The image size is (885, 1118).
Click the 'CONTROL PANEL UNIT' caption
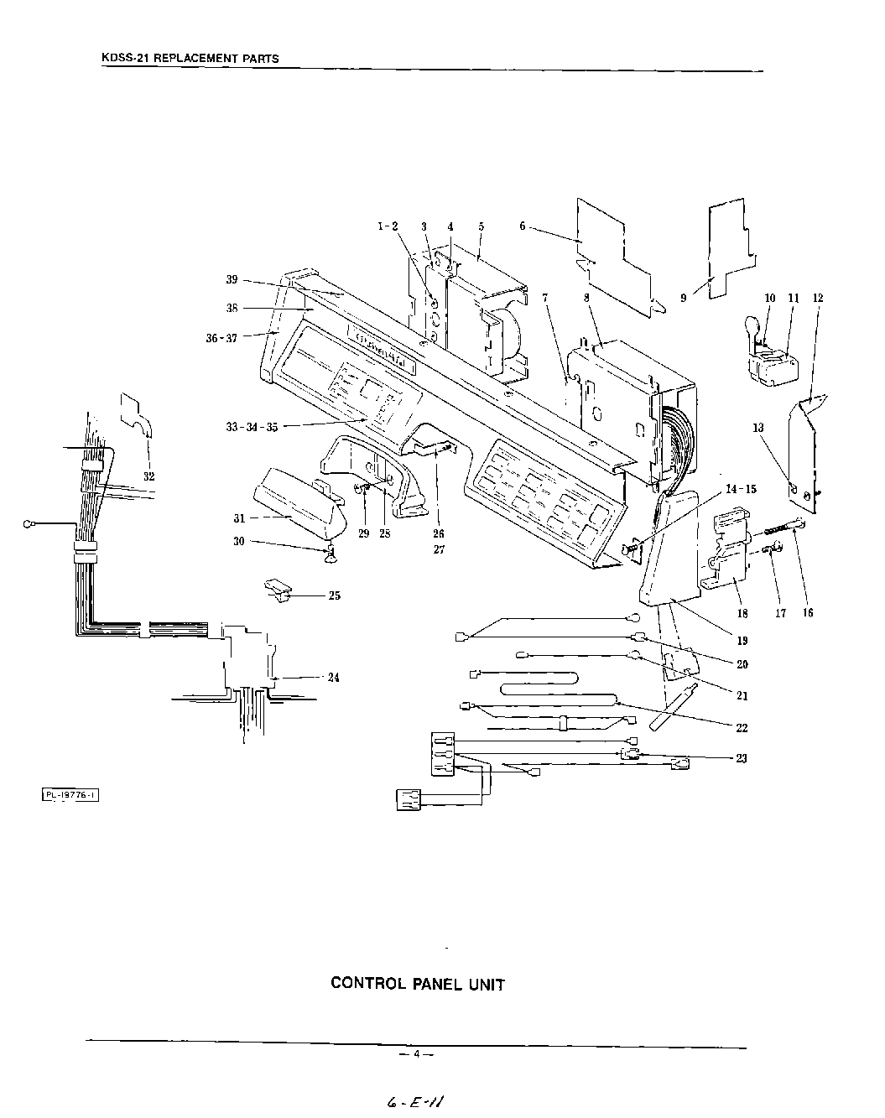(x=418, y=984)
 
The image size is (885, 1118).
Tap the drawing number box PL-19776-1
(x=70, y=795)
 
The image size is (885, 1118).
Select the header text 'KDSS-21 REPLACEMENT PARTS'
(x=190, y=59)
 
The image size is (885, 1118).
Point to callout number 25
(x=334, y=596)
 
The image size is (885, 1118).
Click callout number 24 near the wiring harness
(x=333, y=678)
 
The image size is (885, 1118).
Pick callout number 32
(x=148, y=476)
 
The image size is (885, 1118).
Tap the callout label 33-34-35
(x=252, y=427)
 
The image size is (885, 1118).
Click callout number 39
(x=232, y=279)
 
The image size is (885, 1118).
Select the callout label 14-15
(x=740, y=489)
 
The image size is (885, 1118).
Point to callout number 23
(x=741, y=758)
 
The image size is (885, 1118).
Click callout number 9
(x=684, y=297)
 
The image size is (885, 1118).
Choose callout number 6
(x=522, y=226)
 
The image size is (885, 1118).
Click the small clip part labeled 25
(x=277, y=588)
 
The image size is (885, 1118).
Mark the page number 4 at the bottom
(x=415, y=1053)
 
